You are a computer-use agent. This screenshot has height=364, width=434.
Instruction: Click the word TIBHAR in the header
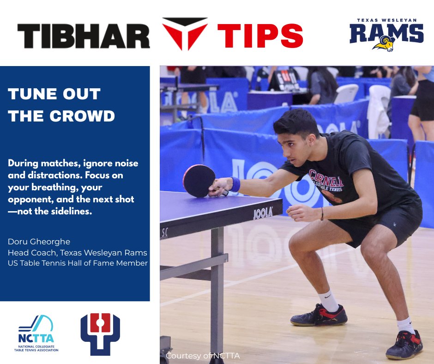click(84, 36)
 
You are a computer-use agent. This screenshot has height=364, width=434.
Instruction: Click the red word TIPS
click(260, 36)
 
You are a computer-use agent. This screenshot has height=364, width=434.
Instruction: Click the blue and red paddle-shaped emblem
click(100, 334)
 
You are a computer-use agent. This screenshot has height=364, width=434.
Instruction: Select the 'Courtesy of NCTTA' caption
click(203, 356)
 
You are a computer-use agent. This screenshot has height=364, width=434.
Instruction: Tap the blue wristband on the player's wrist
click(235, 184)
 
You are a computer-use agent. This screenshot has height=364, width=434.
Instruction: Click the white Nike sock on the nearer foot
click(329, 301)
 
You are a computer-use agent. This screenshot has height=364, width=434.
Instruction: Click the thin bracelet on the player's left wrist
click(322, 214)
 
